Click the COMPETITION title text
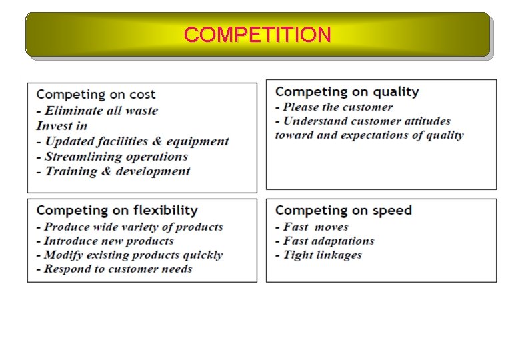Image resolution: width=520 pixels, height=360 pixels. [257, 35]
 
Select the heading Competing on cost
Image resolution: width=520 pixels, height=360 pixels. [96, 95]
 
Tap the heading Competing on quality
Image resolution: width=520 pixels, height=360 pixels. [347, 91]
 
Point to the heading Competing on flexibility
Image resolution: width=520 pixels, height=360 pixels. [117, 210]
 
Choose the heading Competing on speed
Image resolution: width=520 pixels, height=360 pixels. [343, 210]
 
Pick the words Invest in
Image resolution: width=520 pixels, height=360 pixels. [62, 126]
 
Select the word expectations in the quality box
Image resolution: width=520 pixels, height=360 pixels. [382, 135]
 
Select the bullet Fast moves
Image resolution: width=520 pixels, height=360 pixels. [312, 227]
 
